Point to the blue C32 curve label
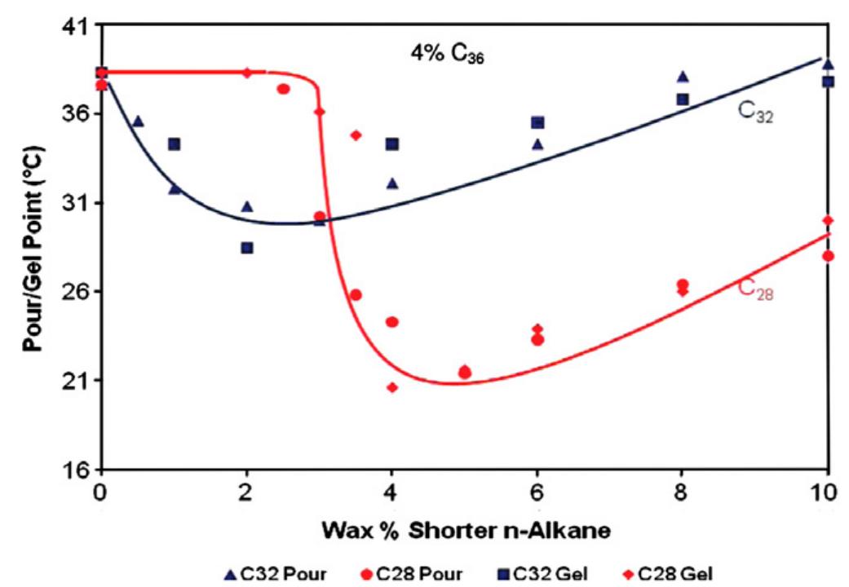[756, 113]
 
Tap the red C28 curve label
[755, 289]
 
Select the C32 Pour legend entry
[275, 574]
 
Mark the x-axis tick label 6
[537, 492]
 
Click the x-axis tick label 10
[828, 492]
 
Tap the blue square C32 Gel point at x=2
[246, 248]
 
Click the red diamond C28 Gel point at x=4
[392, 387]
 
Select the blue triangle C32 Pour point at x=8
[683, 77]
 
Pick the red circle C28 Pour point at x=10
[829, 256]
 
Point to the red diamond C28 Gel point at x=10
[829, 220]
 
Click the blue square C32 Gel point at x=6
[537, 122]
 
